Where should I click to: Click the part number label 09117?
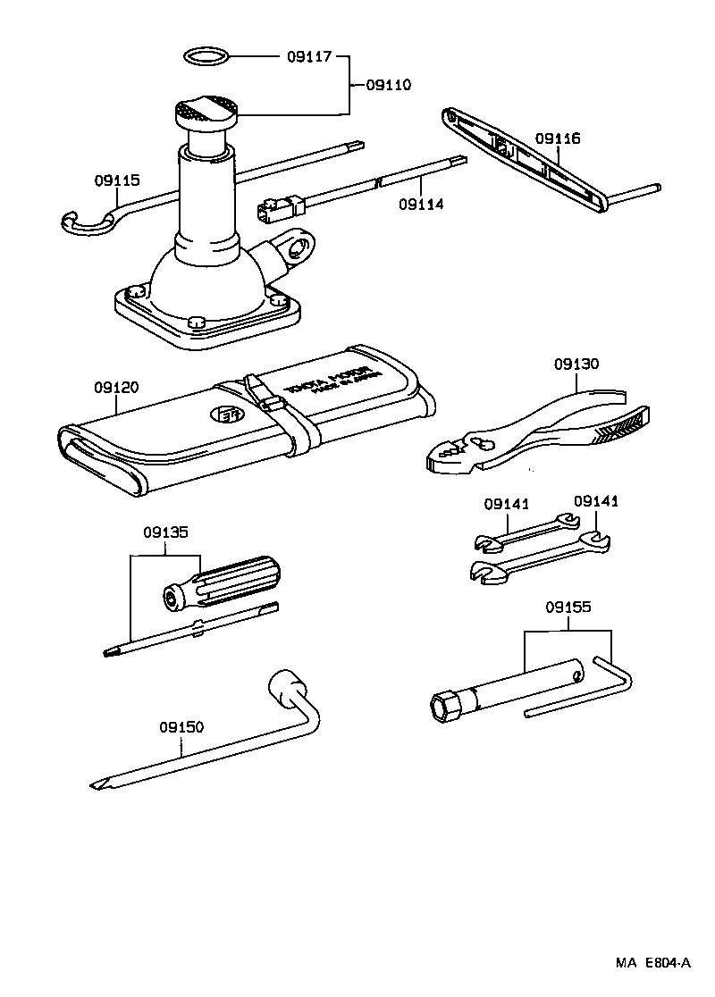pos(308,57)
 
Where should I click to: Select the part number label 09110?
pos(388,86)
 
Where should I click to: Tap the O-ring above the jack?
pos(206,57)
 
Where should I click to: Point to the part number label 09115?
pos(117,180)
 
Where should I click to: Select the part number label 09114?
pos(421,204)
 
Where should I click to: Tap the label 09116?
pos(558,138)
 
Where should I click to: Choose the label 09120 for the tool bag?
pos(117,388)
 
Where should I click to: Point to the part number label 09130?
pos(576,364)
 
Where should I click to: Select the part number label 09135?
pos(165,532)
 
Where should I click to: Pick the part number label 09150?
pos(182,727)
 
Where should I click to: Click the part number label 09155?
pos(568,607)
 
